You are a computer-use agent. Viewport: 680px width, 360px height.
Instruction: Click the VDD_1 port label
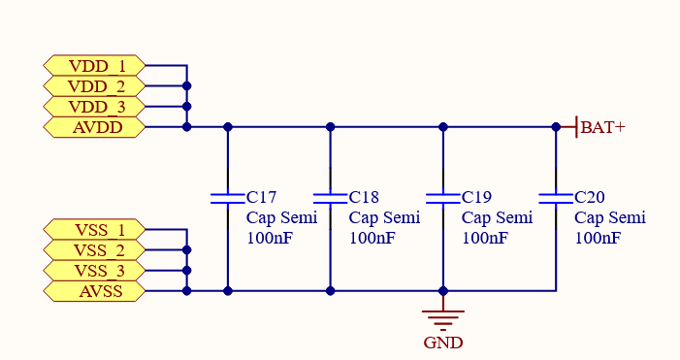click(x=95, y=65)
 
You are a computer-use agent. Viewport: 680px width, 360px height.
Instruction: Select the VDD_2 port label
click(x=95, y=85)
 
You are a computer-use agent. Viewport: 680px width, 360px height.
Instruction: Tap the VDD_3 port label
click(x=95, y=106)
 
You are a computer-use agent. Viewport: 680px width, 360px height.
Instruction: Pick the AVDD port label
click(x=95, y=126)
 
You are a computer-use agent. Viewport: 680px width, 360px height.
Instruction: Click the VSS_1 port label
click(x=95, y=230)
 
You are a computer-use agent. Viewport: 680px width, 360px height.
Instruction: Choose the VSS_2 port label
click(x=95, y=250)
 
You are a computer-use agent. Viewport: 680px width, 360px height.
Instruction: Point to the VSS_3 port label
click(x=95, y=271)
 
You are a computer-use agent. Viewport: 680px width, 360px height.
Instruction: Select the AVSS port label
click(x=95, y=290)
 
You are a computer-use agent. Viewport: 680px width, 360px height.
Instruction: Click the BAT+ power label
click(x=601, y=127)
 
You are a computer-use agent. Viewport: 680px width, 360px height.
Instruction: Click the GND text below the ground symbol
click(x=443, y=343)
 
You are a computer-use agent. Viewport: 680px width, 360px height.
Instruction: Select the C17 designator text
click(x=263, y=197)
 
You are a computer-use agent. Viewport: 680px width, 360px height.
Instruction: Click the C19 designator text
click(x=478, y=197)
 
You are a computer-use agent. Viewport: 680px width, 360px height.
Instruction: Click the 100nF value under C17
click(x=269, y=238)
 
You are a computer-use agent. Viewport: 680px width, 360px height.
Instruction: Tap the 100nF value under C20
click(x=598, y=238)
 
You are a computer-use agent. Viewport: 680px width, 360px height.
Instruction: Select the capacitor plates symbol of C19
click(x=443, y=198)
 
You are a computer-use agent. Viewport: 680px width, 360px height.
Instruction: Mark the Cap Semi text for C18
click(x=384, y=217)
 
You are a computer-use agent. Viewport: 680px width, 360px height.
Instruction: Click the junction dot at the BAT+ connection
click(x=556, y=126)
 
